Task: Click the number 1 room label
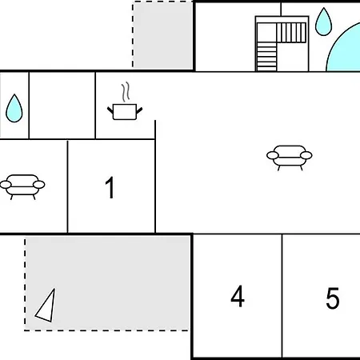[110, 187]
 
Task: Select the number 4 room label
[238, 296]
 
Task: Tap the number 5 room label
[332, 298]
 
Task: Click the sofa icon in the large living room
[290, 158]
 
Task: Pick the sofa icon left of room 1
[22, 186]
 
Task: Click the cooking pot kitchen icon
[125, 112]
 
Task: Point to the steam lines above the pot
[126, 92]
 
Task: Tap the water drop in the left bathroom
[14, 108]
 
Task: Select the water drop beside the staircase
[323, 22]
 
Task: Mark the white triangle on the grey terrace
[46, 306]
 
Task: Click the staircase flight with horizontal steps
[266, 57]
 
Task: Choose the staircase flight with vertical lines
[291, 33]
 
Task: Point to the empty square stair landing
[266, 33]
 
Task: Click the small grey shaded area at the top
[162, 34]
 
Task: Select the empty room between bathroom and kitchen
[62, 105]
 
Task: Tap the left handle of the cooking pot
[110, 110]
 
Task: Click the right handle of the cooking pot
[139, 110]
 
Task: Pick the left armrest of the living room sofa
[273, 155]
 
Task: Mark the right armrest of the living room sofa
[306, 155]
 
